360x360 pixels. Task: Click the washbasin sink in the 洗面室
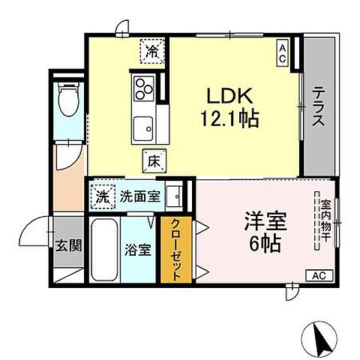click(175, 196)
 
